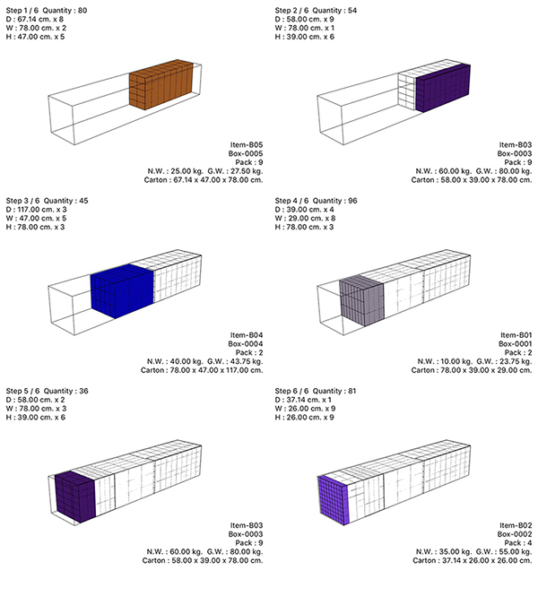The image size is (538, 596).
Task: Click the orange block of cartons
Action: [x=161, y=84]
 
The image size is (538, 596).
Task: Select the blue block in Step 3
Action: [x=122, y=290]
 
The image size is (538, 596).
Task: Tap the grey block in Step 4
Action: [x=361, y=300]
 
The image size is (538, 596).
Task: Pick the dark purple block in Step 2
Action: [x=443, y=88]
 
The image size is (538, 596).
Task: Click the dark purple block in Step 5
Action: [x=75, y=496]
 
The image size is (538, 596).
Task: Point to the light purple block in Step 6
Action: [x=333, y=500]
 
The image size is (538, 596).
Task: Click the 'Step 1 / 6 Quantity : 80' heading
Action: [x=47, y=11]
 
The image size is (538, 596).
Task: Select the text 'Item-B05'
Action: [x=247, y=145]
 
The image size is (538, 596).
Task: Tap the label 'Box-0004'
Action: [x=246, y=344]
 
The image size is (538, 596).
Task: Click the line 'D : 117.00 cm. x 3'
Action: [x=37, y=210]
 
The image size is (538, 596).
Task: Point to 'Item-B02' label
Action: [x=516, y=525]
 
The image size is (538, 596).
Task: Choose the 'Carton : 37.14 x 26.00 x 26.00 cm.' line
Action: [x=473, y=561]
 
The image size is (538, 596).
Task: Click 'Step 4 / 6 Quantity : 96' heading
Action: [x=316, y=201]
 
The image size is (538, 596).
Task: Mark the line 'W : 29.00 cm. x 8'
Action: [x=305, y=218]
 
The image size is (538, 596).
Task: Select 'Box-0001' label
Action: [x=516, y=344]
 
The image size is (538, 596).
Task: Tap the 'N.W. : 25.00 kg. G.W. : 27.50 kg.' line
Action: [x=205, y=171]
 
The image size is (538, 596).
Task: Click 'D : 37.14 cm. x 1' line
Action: [x=303, y=400]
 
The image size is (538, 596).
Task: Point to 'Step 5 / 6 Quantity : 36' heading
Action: [x=48, y=391]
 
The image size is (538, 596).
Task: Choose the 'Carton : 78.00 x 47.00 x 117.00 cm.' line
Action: [x=202, y=370]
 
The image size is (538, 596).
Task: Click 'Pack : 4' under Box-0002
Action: [x=518, y=543]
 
